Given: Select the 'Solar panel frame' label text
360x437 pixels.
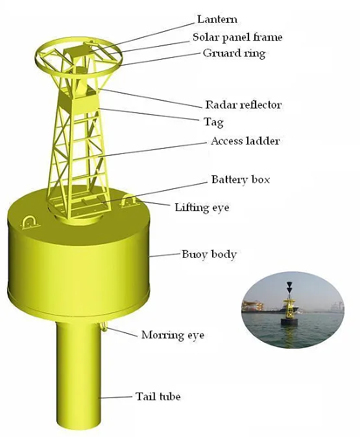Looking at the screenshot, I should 237,37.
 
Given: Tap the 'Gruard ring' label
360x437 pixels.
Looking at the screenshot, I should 234,53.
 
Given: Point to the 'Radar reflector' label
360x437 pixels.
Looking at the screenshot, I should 243,105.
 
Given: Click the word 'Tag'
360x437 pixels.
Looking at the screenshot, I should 213,122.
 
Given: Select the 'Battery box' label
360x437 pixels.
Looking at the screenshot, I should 241,179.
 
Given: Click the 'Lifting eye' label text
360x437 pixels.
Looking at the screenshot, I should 202,208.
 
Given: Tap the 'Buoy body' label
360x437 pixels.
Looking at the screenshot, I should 209,254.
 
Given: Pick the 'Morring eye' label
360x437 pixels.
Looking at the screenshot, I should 173,335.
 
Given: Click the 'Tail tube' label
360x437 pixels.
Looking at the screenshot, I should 158,396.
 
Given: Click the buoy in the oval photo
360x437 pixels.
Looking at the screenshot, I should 288,312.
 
